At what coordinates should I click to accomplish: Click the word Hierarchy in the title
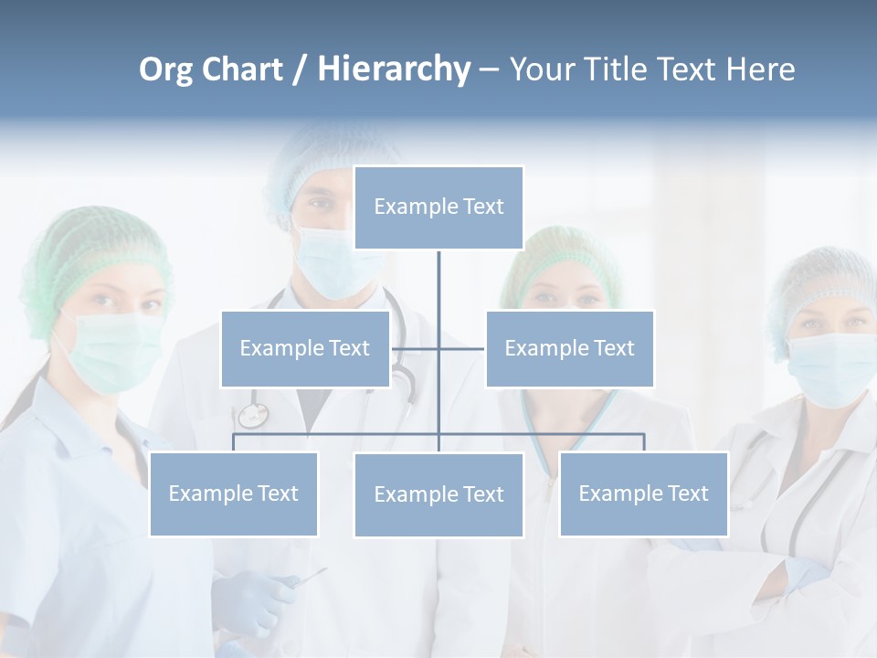click(393, 69)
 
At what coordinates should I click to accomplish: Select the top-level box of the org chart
click(438, 207)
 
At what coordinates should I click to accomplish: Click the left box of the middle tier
click(305, 348)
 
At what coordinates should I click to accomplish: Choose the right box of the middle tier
click(569, 348)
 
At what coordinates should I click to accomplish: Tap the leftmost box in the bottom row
click(234, 493)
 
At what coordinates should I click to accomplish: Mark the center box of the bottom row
click(438, 494)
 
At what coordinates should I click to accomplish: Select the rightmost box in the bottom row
click(643, 493)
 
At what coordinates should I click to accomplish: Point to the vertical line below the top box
click(438, 283)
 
